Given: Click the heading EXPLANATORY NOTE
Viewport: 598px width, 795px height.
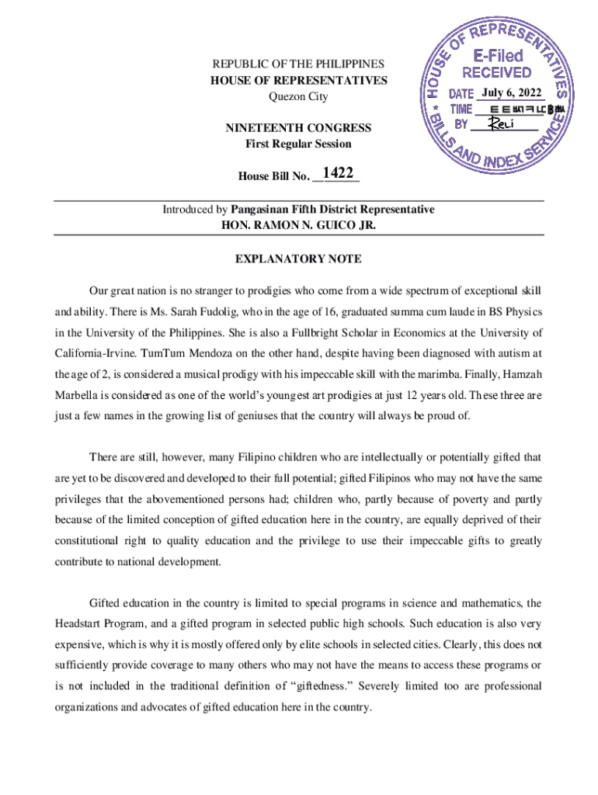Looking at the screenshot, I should [x=298, y=259].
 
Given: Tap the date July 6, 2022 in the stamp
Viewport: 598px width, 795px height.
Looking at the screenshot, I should [x=511, y=93].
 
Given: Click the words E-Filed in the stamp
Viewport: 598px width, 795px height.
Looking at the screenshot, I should [x=498, y=55].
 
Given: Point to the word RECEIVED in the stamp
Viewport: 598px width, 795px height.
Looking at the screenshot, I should [x=497, y=74].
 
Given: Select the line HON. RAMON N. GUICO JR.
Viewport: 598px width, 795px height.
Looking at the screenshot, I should [x=298, y=226].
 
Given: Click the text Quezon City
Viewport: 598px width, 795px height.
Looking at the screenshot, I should [x=298, y=97].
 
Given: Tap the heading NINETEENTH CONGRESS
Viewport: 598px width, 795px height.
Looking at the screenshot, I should [x=298, y=128].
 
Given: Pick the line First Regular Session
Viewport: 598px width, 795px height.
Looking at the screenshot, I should [x=298, y=144].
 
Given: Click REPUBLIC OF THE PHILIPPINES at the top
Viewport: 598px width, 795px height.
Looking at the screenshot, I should [x=298, y=64].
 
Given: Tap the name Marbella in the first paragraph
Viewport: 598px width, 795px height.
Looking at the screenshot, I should [x=78, y=394].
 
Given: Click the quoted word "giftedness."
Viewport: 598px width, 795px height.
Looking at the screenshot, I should [x=336, y=686].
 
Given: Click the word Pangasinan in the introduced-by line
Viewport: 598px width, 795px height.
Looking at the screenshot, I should [x=264, y=210].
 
